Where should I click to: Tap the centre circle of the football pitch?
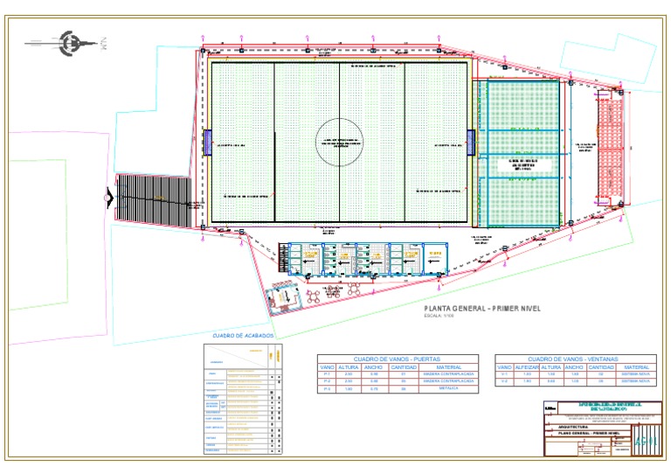pos(339,142)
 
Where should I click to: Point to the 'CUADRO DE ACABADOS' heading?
pos(243,336)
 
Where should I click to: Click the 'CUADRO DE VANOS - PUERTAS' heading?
pos(398,359)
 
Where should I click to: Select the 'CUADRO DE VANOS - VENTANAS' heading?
pos(574,359)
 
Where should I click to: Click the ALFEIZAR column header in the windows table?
pos(526,367)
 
